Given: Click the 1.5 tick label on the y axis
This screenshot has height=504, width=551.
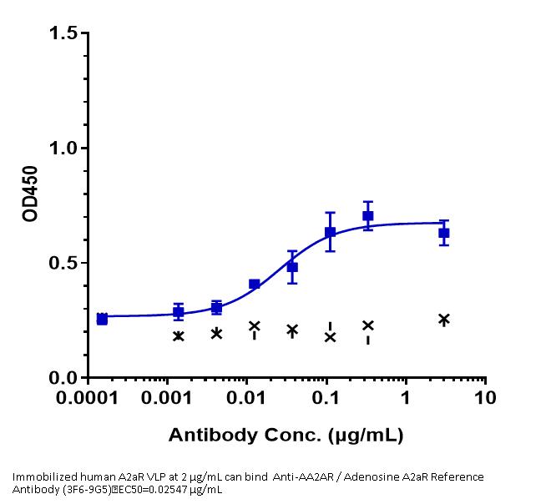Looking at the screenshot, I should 63,33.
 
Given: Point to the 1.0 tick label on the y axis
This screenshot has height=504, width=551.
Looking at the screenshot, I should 63,149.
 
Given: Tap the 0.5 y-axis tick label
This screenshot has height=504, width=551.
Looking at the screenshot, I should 63,263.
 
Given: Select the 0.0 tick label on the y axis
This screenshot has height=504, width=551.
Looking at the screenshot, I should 63,378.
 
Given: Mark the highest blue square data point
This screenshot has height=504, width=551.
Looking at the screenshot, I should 367,216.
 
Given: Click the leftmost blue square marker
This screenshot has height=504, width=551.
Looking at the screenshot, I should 102,319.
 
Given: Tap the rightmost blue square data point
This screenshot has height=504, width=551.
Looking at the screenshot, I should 444,233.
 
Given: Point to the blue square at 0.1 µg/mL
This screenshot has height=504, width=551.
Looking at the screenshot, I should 330,232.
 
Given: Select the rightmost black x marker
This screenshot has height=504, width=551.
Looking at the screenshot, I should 444,319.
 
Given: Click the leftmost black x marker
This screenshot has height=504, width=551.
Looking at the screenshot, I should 178,335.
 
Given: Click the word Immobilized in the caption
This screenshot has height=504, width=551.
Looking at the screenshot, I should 41,476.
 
